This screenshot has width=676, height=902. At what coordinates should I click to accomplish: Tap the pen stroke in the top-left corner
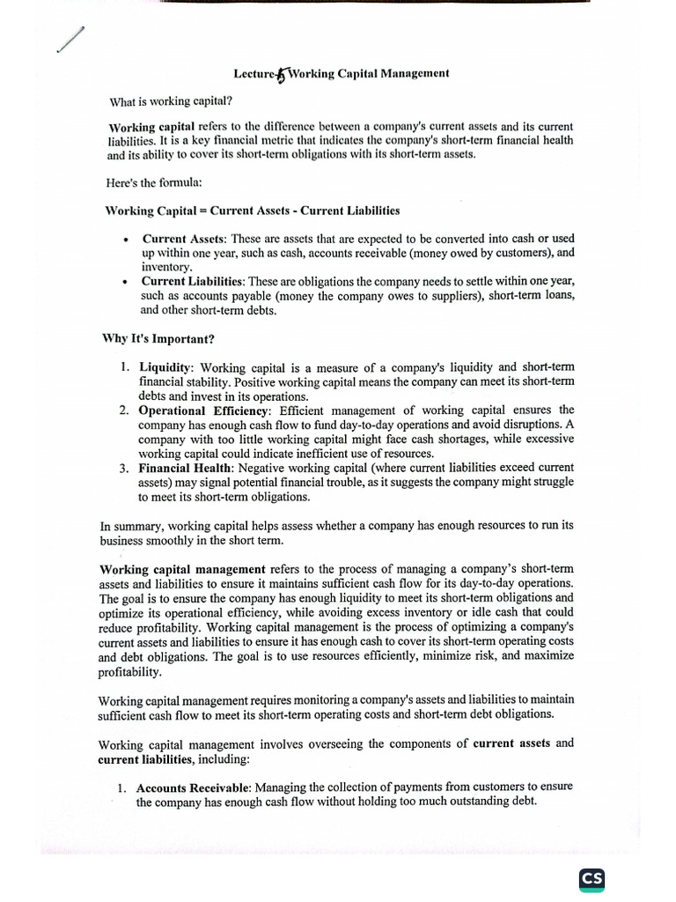point(71,40)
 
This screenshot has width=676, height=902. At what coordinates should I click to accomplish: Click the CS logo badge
point(592,880)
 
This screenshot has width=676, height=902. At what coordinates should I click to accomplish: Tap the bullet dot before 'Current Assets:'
point(127,240)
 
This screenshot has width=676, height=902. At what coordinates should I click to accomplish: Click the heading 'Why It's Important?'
point(158,339)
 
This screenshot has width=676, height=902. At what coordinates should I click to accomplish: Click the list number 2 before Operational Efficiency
point(124,410)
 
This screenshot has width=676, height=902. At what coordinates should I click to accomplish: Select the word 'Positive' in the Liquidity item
point(252,381)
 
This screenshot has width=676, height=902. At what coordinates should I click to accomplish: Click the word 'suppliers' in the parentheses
point(450,296)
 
